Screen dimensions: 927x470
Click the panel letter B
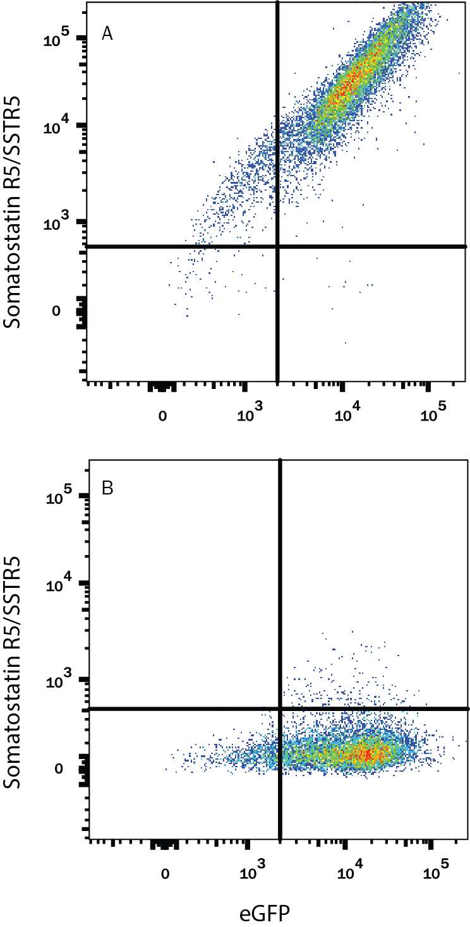click(x=108, y=489)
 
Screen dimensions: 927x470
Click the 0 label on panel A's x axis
click(x=162, y=416)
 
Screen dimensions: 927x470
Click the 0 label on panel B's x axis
click(x=165, y=874)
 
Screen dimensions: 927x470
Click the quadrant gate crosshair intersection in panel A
click(x=277, y=246)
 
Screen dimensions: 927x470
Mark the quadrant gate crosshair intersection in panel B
click(x=280, y=709)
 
